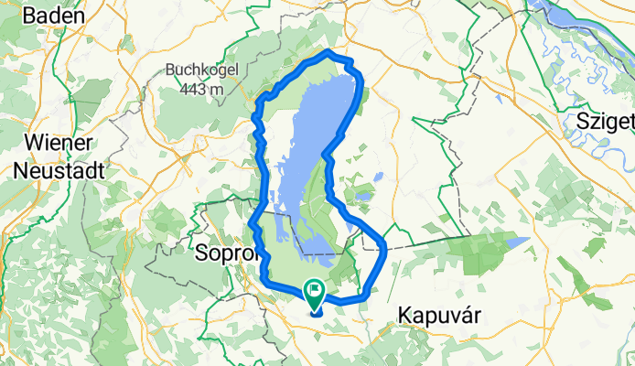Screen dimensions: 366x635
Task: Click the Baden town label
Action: (x=54, y=15)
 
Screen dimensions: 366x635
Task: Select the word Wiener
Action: (x=59, y=144)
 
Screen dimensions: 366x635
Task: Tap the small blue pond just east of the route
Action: (x=365, y=195)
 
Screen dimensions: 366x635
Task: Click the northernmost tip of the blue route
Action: (x=326, y=54)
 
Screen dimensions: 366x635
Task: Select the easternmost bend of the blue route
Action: (x=385, y=247)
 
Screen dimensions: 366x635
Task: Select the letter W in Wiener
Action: (x=33, y=144)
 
